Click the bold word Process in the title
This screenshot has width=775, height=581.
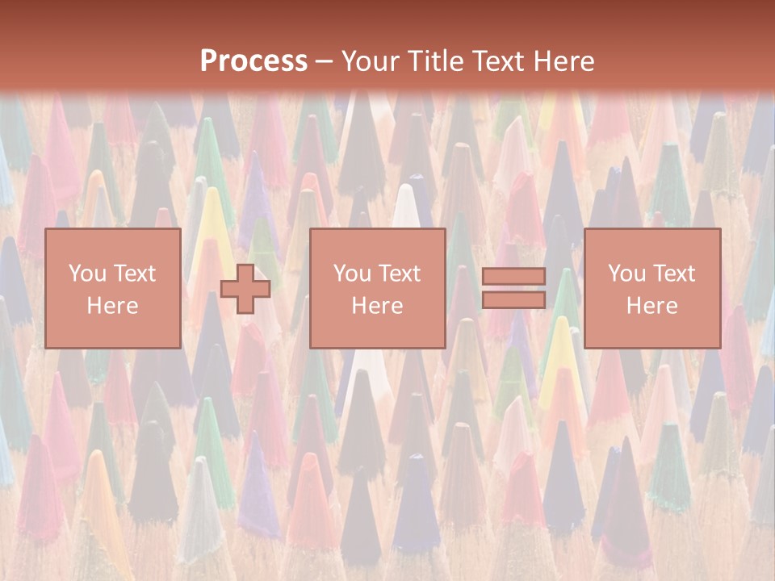pos(253,61)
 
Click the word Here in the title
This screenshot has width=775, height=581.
pos(568,61)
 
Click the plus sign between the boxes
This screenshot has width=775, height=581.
pos(245,289)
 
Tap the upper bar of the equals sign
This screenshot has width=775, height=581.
pos(513,277)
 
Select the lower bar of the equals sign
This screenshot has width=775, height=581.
pos(513,299)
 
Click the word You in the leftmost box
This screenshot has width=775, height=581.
pos(86,274)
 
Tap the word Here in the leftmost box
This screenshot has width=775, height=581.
pos(112,306)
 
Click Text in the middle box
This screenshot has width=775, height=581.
pos(399,274)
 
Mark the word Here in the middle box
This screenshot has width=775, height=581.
pos(377,306)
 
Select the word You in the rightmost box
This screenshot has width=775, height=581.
pos(626,274)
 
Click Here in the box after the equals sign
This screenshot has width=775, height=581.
pos(651,306)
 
